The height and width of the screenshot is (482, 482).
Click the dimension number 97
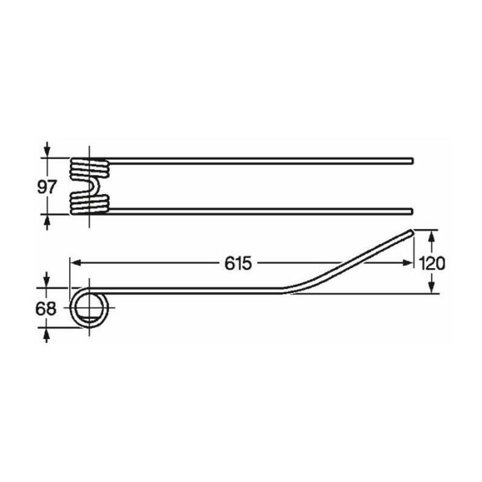[x=48, y=186]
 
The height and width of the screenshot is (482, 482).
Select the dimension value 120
[x=432, y=263]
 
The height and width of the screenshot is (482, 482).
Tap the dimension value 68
[x=46, y=308]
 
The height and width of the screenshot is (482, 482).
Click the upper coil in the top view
[x=90, y=168]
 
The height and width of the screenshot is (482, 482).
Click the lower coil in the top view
[x=90, y=203]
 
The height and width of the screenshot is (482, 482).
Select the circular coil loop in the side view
[x=90, y=310]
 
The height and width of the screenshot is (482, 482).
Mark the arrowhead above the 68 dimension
[x=46, y=281]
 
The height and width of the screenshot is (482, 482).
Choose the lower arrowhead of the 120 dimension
[x=432, y=287]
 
